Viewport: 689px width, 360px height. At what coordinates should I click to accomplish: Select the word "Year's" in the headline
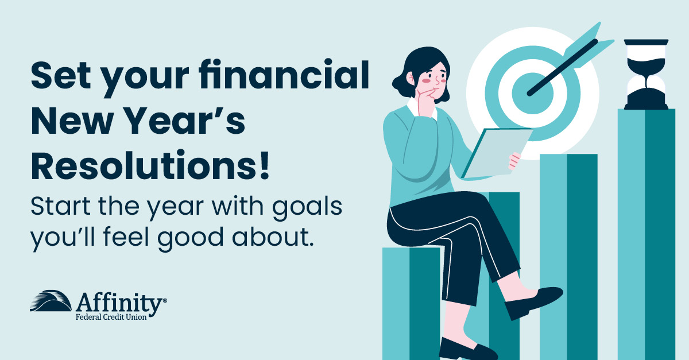(187, 118)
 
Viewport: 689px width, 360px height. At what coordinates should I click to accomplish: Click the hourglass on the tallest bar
(646, 74)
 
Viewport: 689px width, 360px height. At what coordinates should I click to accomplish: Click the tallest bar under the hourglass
(646, 230)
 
